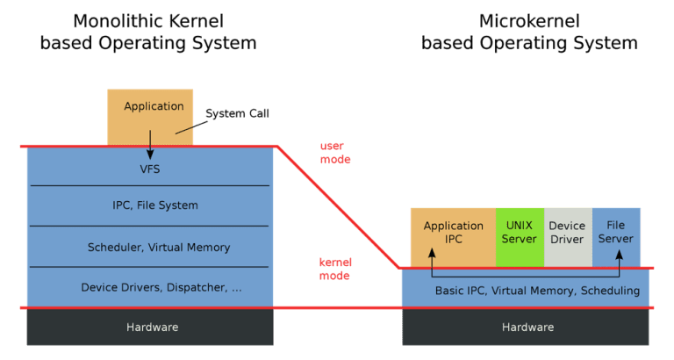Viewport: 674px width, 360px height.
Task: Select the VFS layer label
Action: (x=149, y=168)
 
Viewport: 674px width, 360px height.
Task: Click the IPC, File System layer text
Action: (x=149, y=205)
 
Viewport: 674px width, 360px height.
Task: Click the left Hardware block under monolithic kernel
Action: (x=150, y=328)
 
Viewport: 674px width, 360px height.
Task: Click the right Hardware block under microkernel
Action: (x=527, y=328)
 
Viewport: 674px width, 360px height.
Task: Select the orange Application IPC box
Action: (x=453, y=233)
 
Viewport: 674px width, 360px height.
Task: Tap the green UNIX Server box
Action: (x=520, y=233)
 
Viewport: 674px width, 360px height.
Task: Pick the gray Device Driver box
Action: (x=567, y=233)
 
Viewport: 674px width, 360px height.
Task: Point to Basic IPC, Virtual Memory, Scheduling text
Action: (x=537, y=291)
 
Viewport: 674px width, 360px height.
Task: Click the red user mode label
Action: (x=334, y=153)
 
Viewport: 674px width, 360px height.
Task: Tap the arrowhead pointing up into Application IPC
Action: (x=432, y=252)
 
